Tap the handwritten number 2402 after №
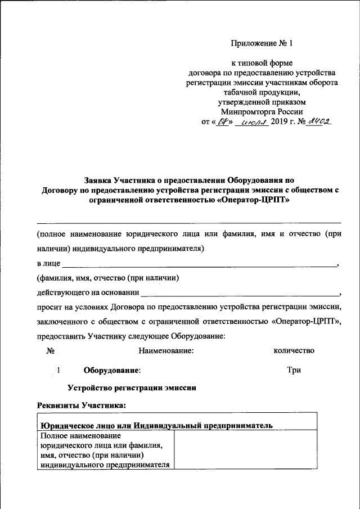(318, 121)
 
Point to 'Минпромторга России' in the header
(262, 111)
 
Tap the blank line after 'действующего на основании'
(239, 292)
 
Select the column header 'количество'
(293, 350)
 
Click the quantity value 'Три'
(294, 370)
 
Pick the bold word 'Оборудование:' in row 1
(112, 371)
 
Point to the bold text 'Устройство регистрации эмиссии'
(132, 388)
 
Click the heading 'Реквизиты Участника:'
(82, 405)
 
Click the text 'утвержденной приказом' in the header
(262, 102)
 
